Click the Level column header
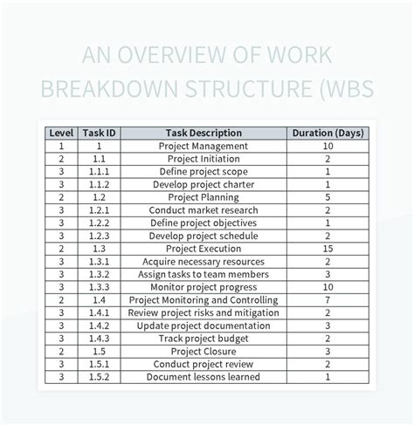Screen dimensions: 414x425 click(x=61, y=134)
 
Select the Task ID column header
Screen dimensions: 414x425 click(x=100, y=134)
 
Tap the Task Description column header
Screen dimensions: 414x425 click(x=204, y=134)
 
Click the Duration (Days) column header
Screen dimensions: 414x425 click(x=328, y=134)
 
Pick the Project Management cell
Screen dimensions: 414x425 click(x=204, y=147)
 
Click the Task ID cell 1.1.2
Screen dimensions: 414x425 click(x=100, y=185)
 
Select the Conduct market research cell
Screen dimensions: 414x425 click(x=204, y=210)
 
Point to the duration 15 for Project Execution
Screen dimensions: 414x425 click(x=328, y=249)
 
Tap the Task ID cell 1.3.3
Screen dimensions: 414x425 click(x=100, y=287)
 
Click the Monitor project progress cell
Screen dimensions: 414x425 click(x=204, y=287)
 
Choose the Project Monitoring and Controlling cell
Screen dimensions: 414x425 click(x=204, y=300)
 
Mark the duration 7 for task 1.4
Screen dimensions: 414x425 click(x=328, y=300)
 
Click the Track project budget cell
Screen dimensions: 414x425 click(x=204, y=339)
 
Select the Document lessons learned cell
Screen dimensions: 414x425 click(x=204, y=377)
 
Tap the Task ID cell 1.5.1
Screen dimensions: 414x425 click(x=100, y=364)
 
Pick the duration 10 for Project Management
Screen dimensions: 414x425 click(x=328, y=147)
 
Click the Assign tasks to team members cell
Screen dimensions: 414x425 click(x=204, y=274)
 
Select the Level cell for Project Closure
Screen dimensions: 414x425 click(x=61, y=352)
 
